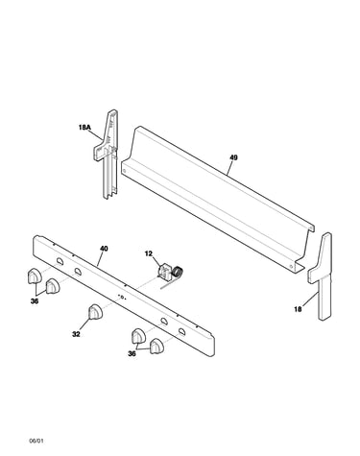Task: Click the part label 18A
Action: coord(84,128)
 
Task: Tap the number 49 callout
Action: coord(233,157)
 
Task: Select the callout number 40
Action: coord(104,249)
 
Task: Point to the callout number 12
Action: coord(149,253)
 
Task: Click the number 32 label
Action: coord(76,334)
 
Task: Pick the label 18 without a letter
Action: coord(298,309)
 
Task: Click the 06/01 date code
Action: coord(36,441)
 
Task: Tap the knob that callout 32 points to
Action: coord(95,312)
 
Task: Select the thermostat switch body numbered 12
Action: coord(165,272)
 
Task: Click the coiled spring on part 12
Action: coord(178,272)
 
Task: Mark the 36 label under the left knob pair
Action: coord(35,301)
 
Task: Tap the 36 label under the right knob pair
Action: coord(132,353)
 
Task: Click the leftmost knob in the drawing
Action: coord(35,276)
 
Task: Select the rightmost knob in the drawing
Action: coord(157,346)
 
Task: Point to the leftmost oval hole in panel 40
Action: coord(60,261)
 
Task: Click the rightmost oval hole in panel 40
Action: coord(181,331)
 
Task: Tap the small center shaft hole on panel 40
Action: coord(122,297)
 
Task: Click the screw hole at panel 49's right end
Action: coord(291,266)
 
